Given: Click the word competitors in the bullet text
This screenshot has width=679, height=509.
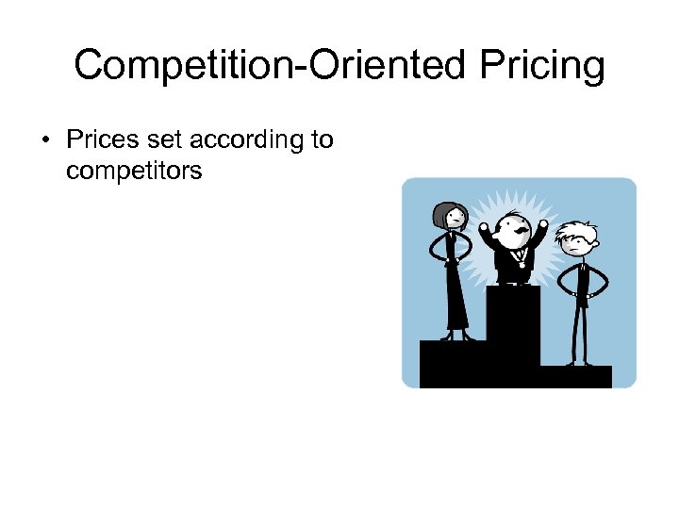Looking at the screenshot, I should (x=135, y=171).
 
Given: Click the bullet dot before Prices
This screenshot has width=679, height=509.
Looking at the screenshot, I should (x=44, y=140).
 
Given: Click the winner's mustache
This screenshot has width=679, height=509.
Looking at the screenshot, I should (x=517, y=230).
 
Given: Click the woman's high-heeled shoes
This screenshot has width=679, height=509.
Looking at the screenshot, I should (x=456, y=336).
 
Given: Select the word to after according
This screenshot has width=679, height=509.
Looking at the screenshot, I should (x=322, y=140).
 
